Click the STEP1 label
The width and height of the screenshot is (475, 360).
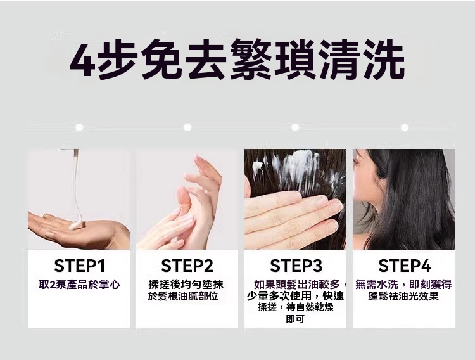pos(79,265)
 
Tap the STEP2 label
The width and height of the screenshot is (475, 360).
pos(187,265)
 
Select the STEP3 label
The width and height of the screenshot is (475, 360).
pos(296,265)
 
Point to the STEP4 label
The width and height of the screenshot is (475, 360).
pos(404,265)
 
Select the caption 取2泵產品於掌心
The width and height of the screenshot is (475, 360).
pos(79,285)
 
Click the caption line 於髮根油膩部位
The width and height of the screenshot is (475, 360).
pos(187,296)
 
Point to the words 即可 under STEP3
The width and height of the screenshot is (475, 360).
pos(295,319)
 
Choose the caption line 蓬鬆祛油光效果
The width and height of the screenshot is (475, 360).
pos(404,296)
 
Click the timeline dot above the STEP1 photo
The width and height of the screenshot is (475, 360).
pos(79,127)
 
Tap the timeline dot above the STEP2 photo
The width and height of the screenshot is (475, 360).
pos(187,127)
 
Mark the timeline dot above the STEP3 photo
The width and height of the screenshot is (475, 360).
pos(295,127)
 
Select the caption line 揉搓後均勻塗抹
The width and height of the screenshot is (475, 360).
pos(187,285)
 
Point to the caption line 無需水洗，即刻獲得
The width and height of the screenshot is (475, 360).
pos(404,285)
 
